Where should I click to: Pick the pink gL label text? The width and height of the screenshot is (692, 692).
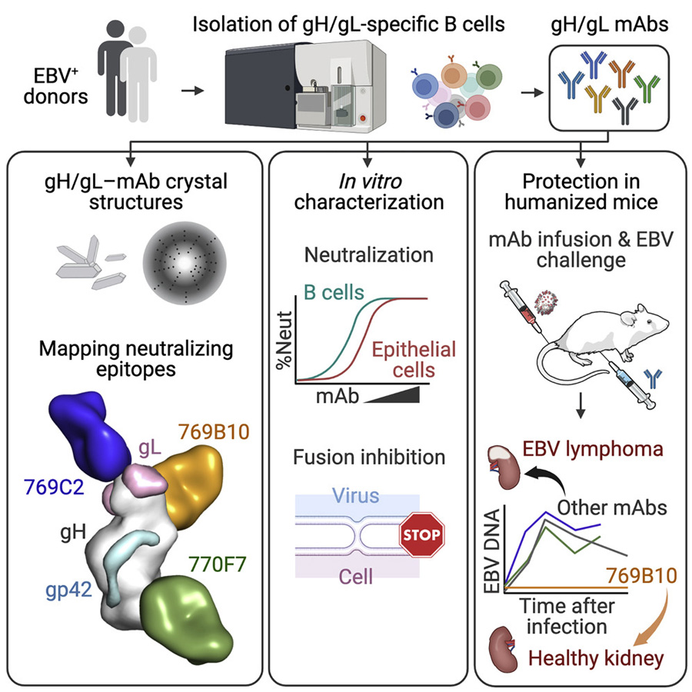(x=150, y=447)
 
